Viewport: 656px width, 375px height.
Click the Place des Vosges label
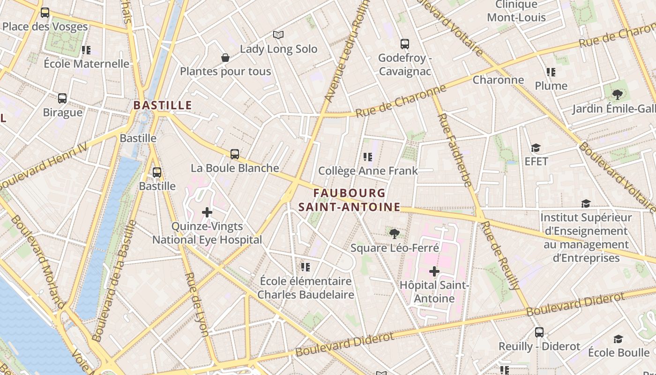(45, 26)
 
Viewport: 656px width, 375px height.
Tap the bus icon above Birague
(62, 98)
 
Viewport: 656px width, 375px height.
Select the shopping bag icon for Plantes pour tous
(225, 58)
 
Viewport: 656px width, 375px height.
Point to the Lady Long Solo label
(278, 49)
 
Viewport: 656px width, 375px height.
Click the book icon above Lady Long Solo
(278, 35)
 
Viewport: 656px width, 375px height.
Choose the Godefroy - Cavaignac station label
(404, 65)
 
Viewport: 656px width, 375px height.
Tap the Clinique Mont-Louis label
(516, 11)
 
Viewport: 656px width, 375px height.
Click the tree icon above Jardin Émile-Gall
(618, 95)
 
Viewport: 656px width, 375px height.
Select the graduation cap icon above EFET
(536, 148)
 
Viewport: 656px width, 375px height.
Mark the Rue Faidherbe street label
(455, 150)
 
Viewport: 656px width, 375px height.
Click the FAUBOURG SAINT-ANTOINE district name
(350, 200)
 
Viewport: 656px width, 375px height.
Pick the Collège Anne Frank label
(368, 171)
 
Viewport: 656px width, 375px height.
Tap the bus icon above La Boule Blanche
(235, 154)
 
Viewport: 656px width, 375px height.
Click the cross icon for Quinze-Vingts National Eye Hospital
(207, 212)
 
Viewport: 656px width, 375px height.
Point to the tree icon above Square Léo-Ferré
(394, 233)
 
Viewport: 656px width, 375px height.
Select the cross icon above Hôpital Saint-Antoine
(434, 271)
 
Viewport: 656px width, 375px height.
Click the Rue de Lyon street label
(197, 305)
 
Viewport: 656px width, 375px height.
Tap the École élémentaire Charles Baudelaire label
(306, 288)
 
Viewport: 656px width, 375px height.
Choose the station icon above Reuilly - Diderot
(539, 332)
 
